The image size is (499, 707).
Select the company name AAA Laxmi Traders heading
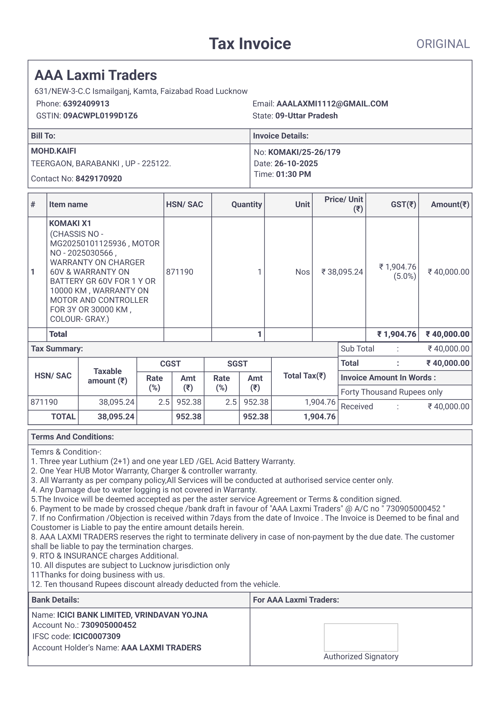coord(96,75)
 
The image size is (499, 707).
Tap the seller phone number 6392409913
coord(86,104)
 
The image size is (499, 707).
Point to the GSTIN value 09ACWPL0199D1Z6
coord(100,116)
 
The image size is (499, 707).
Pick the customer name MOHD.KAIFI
coord(54,151)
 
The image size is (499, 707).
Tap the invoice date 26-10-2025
coord(296,164)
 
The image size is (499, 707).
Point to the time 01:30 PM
coord(293,174)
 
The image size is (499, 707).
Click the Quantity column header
coord(246,205)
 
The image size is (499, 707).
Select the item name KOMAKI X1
coord(70,223)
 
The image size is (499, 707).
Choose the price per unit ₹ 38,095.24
coord(342,272)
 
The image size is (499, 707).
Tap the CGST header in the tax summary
coord(170,364)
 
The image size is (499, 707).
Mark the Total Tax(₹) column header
coord(304,376)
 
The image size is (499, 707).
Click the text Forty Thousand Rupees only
coord(391,392)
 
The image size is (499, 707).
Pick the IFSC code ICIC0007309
coord(97,636)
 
